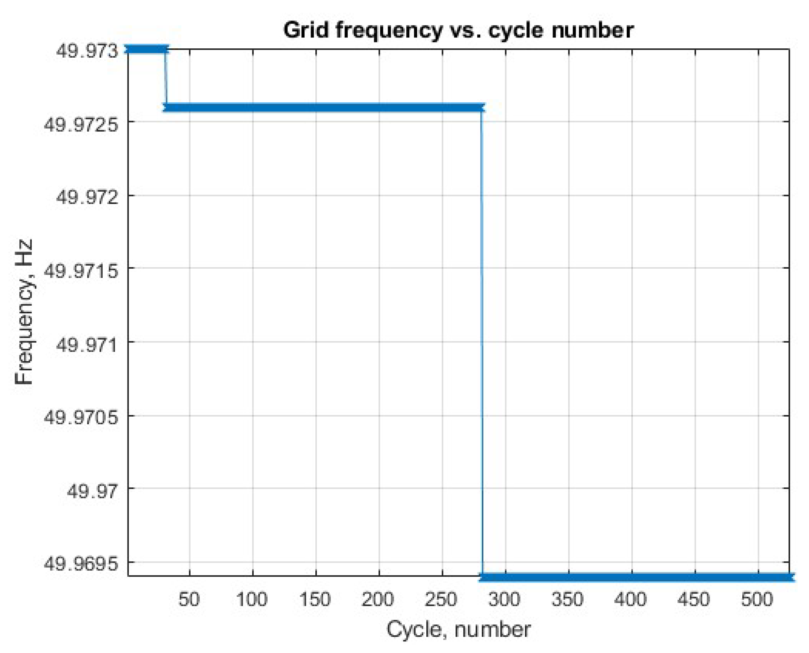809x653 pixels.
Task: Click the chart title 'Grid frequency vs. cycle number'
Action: (x=458, y=30)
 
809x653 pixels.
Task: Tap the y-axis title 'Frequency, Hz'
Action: (x=24, y=312)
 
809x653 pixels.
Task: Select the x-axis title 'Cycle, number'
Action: (x=458, y=629)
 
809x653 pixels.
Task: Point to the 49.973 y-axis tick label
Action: (x=87, y=51)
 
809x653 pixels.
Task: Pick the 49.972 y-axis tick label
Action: (x=87, y=197)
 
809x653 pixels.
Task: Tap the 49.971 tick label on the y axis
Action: (x=87, y=344)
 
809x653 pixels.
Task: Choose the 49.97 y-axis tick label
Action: (x=92, y=491)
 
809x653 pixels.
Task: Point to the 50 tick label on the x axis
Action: (x=189, y=599)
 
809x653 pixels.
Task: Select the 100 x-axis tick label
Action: (x=252, y=599)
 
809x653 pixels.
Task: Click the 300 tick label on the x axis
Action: (x=505, y=599)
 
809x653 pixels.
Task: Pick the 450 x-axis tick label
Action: (x=694, y=599)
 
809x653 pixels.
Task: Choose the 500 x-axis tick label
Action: (x=757, y=599)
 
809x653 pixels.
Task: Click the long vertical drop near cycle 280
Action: (x=482, y=338)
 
